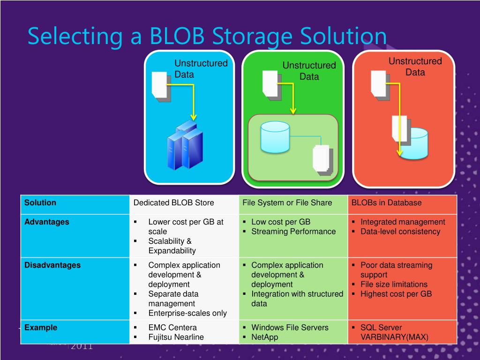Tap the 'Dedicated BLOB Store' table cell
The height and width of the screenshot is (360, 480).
click(173, 203)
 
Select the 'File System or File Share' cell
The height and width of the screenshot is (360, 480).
click(287, 203)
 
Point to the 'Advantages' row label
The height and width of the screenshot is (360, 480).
click(46, 222)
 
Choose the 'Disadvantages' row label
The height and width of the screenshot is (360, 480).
click(52, 265)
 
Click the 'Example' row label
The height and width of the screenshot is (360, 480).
click(41, 328)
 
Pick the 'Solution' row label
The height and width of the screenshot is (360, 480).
click(40, 203)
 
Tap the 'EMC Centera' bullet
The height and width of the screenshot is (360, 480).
click(172, 328)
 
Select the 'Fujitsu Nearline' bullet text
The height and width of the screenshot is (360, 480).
click(176, 337)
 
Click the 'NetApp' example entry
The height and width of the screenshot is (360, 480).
click(265, 337)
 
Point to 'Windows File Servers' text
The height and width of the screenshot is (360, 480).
click(290, 328)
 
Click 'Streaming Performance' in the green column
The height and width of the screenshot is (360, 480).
click(293, 232)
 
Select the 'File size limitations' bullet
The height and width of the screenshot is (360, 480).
click(394, 285)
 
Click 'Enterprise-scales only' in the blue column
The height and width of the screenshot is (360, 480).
click(187, 313)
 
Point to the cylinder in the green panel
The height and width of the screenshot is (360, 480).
click(275, 136)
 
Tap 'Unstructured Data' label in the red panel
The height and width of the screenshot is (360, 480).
click(415, 67)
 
